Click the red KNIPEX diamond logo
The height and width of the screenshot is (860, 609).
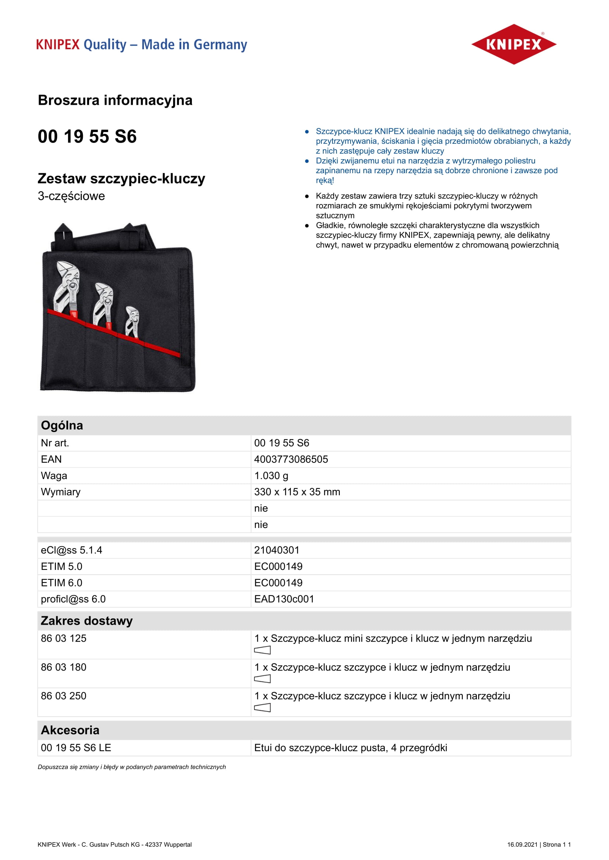tap(513, 44)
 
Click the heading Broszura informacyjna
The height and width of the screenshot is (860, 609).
tap(115, 100)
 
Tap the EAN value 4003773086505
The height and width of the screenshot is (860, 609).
tap(291, 459)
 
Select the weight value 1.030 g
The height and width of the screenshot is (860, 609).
tap(271, 476)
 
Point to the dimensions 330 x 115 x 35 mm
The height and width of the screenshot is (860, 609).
tap(297, 492)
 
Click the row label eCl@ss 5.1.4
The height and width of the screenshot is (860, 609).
tap(71, 550)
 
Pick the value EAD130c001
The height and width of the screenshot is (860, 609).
tap(284, 599)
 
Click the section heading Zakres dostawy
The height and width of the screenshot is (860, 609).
tap(87, 621)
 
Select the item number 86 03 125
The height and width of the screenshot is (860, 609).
tap(63, 638)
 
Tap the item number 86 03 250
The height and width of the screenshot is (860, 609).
tap(63, 696)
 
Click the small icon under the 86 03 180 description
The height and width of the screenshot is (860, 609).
tap(262, 679)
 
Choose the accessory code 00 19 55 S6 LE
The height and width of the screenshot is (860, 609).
tap(76, 747)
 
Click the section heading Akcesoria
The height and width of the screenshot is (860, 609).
tap(70, 730)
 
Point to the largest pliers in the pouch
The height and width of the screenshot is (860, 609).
tap(67, 288)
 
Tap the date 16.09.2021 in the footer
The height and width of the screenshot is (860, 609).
tap(522, 845)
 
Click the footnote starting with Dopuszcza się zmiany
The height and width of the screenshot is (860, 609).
tap(131, 767)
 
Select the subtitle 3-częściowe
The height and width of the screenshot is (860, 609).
tap(71, 196)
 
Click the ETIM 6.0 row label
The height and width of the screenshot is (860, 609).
tap(61, 583)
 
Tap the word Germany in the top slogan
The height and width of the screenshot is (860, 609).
tap(220, 44)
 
